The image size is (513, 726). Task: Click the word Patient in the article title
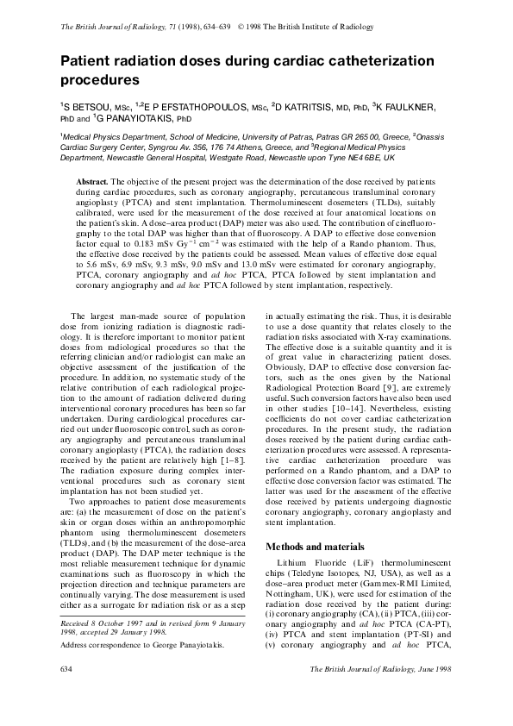(x=86, y=62)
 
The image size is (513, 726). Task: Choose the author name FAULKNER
(x=415, y=108)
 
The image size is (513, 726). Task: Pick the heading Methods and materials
(x=315, y=548)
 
